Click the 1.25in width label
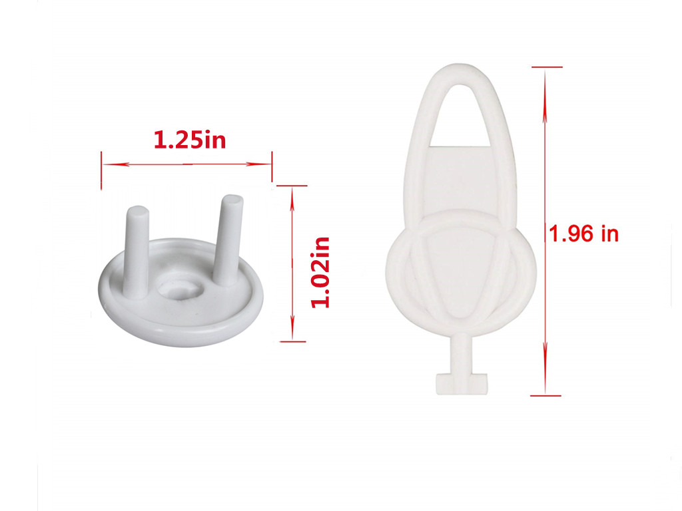click(190, 140)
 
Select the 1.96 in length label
click(583, 234)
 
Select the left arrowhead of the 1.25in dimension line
click(107, 164)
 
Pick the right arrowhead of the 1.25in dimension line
click(266, 164)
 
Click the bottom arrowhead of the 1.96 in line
click(545, 389)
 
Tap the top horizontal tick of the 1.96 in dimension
click(545, 67)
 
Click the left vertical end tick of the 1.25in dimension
click(101, 170)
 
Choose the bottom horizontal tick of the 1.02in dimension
click(292, 341)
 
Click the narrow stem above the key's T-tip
click(459, 353)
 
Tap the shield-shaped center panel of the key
click(459, 266)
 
